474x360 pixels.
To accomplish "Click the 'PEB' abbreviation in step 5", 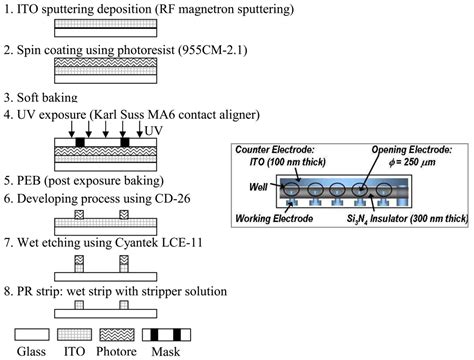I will point(30,183).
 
